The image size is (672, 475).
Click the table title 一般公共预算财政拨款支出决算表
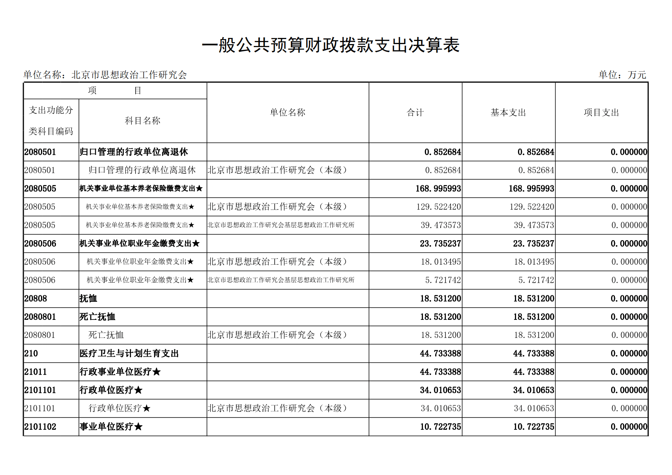click(330, 46)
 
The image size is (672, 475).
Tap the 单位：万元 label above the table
click(622, 75)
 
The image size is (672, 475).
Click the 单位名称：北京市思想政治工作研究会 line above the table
click(105, 75)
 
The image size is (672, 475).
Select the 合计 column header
click(415, 113)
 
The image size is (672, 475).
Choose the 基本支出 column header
click(508, 113)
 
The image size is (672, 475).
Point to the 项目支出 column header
click(601, 113)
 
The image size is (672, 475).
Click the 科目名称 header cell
click(143, 121)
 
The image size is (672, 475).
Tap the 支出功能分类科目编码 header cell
click(51, 121)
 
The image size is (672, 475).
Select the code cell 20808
click(36, 298)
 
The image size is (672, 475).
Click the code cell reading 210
click(31, 354)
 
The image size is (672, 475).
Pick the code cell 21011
click(36, 372)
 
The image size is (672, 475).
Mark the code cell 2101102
click(40, 427)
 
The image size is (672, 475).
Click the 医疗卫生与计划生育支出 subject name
click(129, 354)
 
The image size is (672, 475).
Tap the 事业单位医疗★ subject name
click(111, 427)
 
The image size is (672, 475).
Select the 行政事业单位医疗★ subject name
click(120, 372)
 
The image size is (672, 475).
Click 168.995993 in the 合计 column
click(438, 188)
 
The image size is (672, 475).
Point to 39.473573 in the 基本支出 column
click(534, 225)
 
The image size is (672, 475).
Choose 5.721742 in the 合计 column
click(443, 280)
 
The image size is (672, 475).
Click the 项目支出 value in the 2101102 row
click(629, 427)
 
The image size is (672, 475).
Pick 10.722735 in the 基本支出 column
click(534, 427)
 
